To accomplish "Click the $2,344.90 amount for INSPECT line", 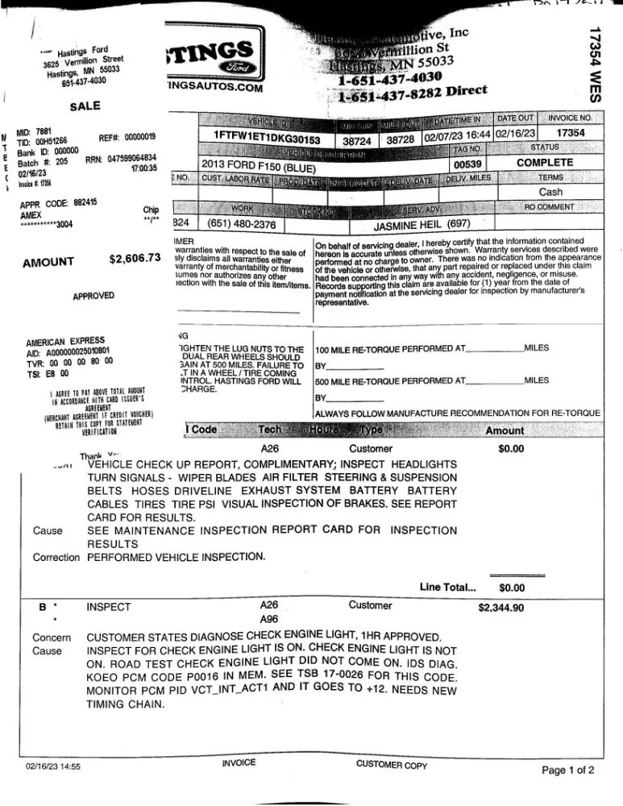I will [x=500, y=608].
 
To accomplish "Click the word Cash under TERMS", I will [x=550, y=193].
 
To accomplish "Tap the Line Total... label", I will [x=448, y=587].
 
